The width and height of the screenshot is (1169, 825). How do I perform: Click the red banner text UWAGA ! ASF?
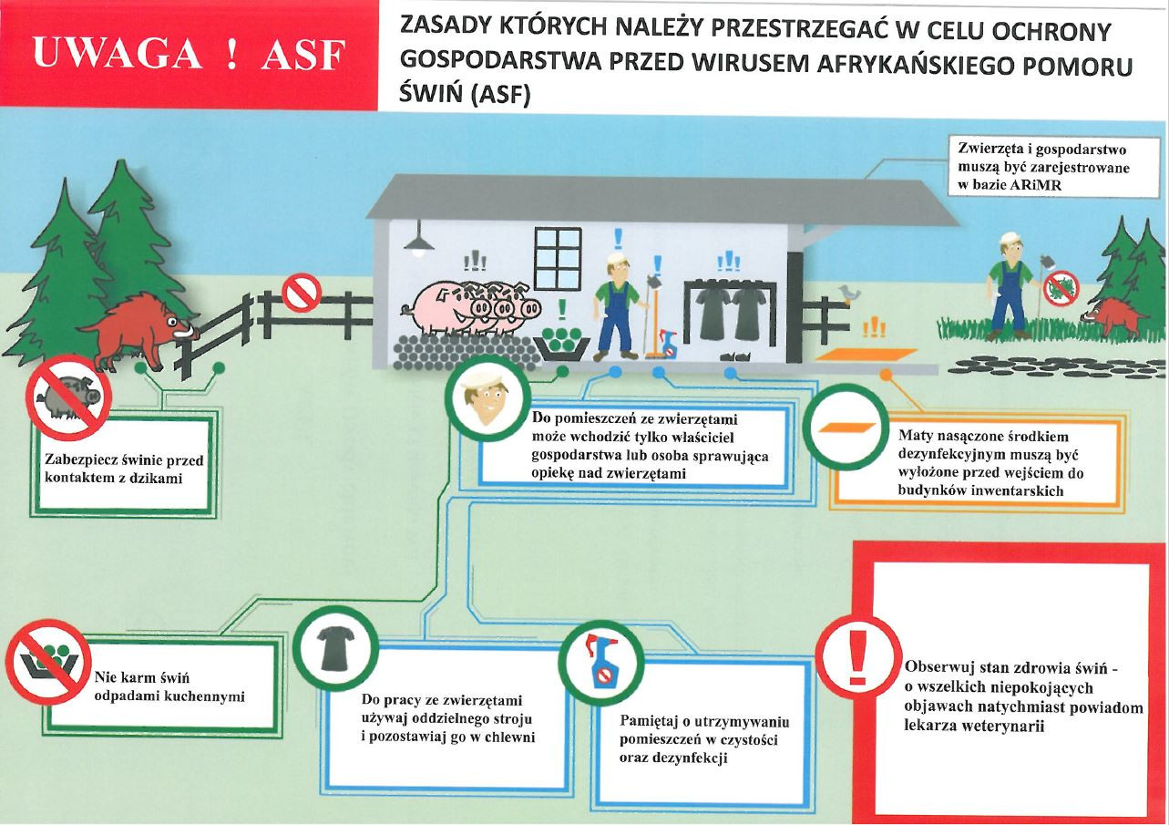pos(189,55)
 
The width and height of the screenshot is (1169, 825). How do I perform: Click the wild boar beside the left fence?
pos(138,327)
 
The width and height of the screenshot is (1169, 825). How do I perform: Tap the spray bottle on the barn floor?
pos(670,345)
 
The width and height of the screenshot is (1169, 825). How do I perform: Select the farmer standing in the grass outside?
pos(1009,284)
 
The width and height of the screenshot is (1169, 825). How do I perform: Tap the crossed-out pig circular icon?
pos(68,397)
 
